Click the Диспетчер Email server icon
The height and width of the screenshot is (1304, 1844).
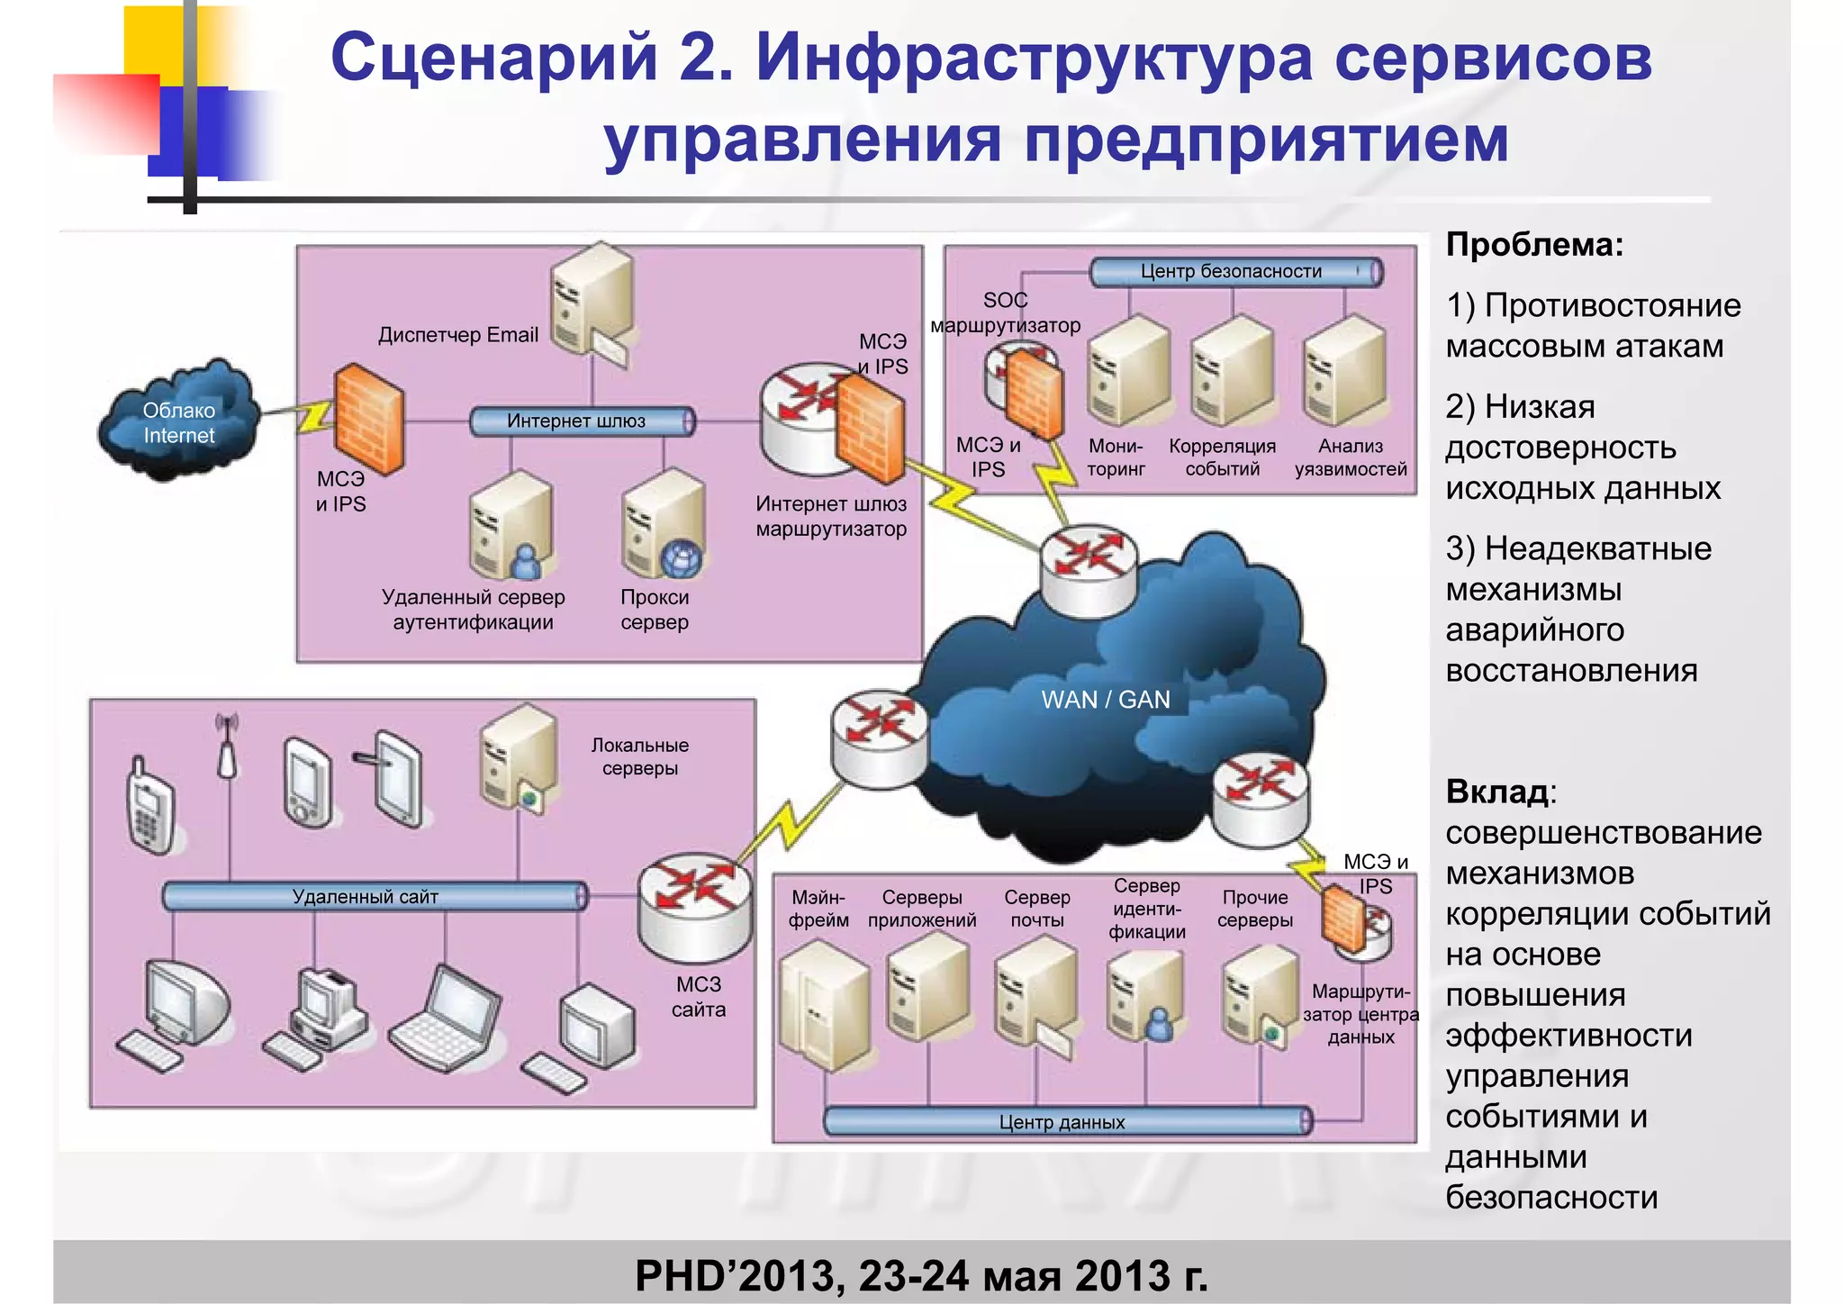point(592,302)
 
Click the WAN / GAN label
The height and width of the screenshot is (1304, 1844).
point(1106,700)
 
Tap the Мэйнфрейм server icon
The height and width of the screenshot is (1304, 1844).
point(824,1004)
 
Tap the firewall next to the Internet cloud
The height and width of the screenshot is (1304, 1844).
point(368,419)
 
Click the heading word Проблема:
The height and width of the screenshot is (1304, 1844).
point(1534,245)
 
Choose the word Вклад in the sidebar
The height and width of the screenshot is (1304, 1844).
point(1497,792)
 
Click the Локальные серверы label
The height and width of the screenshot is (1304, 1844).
point(640,756)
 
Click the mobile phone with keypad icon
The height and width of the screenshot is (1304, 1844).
point(149,807)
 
